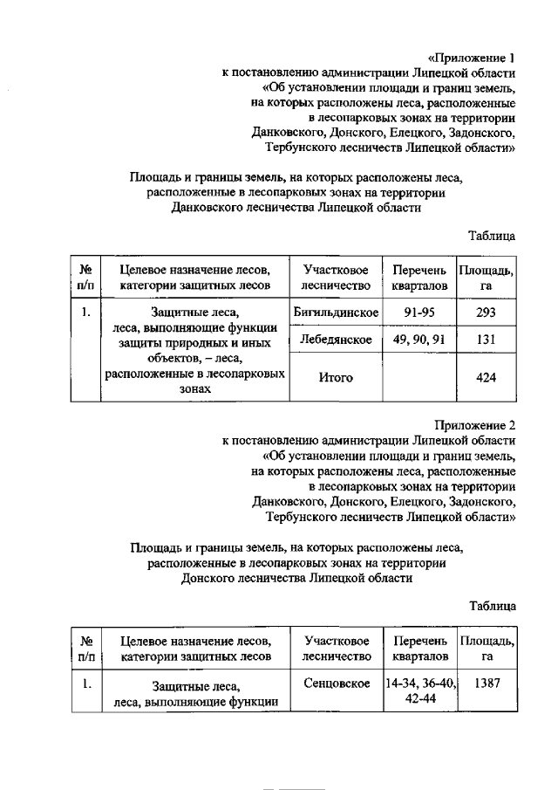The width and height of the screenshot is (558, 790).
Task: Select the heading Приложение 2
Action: click(472, 425)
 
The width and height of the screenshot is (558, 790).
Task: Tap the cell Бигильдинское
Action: click(337, 313)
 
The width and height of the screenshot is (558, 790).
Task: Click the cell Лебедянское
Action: click(337, 340)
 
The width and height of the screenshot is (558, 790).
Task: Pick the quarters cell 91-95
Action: click(420, 313)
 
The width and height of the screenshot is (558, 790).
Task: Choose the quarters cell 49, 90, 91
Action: click(420, 340)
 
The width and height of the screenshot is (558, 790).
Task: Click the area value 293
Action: click(487, 313)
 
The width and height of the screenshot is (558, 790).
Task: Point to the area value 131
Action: click(487, 340)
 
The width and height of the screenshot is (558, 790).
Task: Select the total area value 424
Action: click(487, 378)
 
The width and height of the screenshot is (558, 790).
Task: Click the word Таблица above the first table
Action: click(492, 236)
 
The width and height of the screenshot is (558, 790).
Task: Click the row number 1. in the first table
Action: click(86, 313)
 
